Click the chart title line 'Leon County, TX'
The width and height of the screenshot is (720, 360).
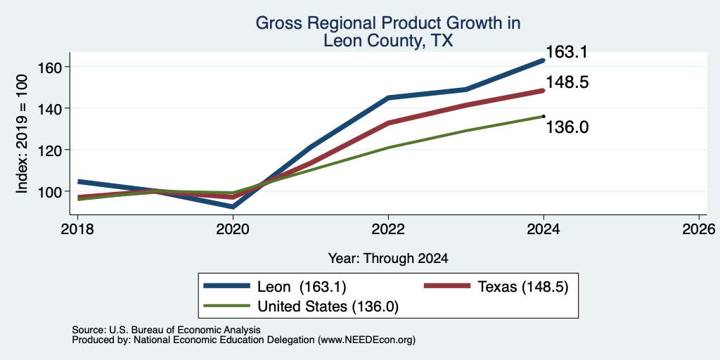(x=388, y=41)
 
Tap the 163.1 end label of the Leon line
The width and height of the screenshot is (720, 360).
(x=567, y=52)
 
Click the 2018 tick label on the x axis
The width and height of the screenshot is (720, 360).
(x=77, y=229)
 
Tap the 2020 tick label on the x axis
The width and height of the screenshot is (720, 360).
(x=233, y=229)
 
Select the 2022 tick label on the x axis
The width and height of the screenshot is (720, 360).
(x=388, y=229)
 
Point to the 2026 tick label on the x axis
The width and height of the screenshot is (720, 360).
(x=699, y=229)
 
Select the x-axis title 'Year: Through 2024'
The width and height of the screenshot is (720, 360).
(x=388, y=259)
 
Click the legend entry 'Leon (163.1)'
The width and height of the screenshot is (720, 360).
(x=275, y=287)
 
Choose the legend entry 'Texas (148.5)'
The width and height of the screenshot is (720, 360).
(x=496, y=287)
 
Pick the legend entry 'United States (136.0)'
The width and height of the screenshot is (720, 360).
(x=301, y=307)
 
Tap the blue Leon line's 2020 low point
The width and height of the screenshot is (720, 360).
(x=233, y=207)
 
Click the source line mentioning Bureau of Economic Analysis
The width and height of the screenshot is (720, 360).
(x=166, y=330)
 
